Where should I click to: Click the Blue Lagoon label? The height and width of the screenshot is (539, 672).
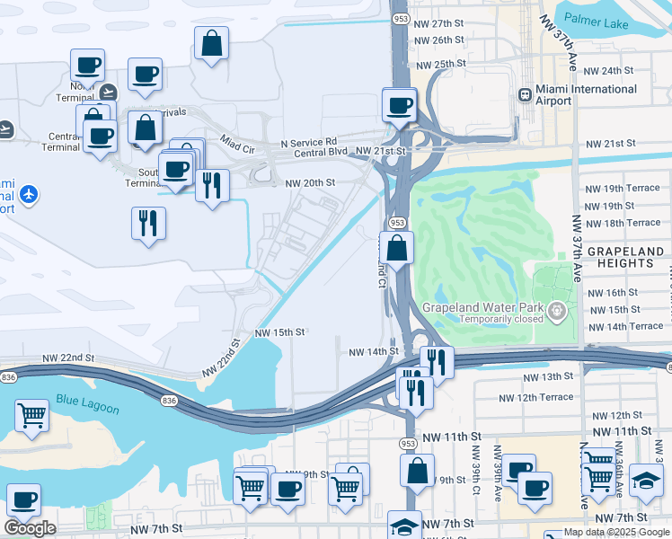point(87,403)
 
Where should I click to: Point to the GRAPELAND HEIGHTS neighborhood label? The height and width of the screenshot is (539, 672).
point(623,258)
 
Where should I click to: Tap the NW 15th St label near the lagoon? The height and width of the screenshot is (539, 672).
point(280,331)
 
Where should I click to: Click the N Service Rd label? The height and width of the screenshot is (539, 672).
point(308,142)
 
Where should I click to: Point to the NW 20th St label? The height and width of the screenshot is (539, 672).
point(310,182)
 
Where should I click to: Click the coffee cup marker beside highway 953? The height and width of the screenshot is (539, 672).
point(399,104)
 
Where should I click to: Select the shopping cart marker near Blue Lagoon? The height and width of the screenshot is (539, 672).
point(32,415)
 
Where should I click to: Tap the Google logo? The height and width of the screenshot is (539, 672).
point(30,528)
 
